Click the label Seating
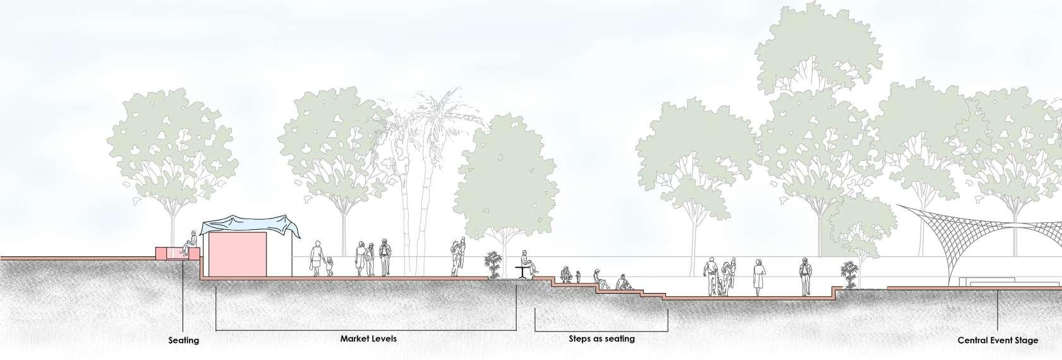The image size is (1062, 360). (x=183, y=340)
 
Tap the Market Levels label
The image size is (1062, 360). (x=368, y=339)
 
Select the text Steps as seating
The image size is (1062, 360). (x=601, y=339)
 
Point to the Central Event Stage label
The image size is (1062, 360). (x=998, y=340)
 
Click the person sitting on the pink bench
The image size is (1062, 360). (x=188, y=243)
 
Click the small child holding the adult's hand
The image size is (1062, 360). (x=329, y=266)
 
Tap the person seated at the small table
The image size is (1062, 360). (x=527, y=261)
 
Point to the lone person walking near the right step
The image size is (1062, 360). (x=805, y=276)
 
